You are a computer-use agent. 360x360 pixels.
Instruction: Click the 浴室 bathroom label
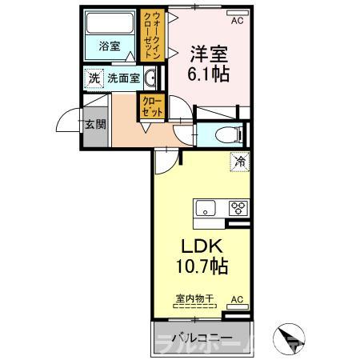110,46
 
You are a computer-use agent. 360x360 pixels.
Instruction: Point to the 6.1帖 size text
209,74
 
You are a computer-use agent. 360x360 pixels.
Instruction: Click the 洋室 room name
207,54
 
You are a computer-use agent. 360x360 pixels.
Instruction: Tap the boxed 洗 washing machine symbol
94,78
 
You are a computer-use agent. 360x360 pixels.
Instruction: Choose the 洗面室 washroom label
124,78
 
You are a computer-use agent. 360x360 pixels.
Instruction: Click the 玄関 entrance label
94,124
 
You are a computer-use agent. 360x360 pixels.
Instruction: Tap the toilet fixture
224,134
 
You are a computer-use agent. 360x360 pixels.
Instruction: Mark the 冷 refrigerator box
239,161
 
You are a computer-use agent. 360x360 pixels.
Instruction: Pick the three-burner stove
238,209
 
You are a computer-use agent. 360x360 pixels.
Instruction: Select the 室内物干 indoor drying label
195,298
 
